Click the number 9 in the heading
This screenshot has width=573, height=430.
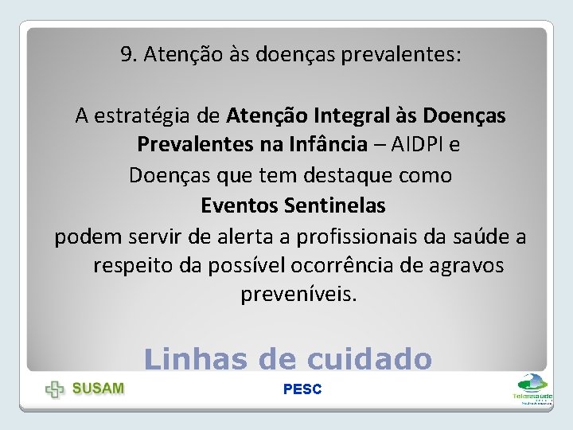(x=126, y=55)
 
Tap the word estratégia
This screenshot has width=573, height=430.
(x=145, y=116)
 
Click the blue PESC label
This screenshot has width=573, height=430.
(x=302, y=389)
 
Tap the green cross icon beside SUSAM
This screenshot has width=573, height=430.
(x=55, y=389)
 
